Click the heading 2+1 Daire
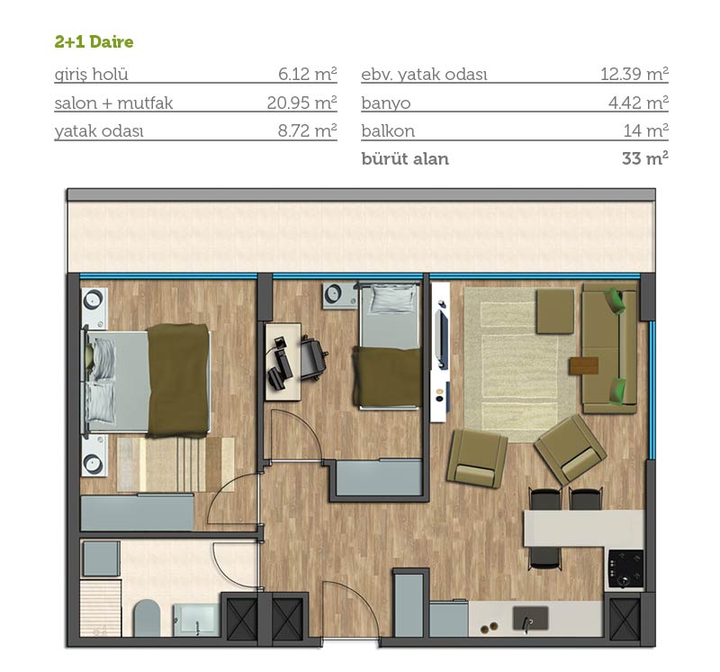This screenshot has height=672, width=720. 94,41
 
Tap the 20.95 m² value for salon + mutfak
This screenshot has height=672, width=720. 302,103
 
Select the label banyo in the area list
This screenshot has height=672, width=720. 386,103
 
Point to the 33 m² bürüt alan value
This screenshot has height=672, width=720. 645,158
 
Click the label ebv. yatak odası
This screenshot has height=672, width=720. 424,75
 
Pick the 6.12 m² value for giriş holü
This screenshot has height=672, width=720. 308,75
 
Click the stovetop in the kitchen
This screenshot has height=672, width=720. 625,569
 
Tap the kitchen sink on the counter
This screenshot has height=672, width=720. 530,618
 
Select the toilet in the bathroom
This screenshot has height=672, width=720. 147,617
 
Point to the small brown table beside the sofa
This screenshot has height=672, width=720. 584,366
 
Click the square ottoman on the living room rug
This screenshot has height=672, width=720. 555,310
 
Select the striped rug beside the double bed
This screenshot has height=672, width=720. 175,464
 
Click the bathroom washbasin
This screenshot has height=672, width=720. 196,619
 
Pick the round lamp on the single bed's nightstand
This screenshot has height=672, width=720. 334,292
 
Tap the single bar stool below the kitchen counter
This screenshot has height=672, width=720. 544,559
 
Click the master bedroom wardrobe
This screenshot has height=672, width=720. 137,512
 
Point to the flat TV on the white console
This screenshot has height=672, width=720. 441,335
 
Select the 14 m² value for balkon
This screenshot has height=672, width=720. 645,130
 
